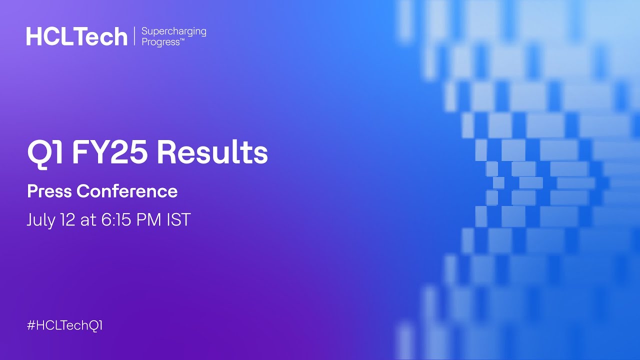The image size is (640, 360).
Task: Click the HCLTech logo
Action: tap(77, 36)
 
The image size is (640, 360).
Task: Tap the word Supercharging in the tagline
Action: tap(173, 32)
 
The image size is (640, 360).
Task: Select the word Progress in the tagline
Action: tap(160, 42)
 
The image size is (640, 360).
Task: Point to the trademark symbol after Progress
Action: tap(182, 40)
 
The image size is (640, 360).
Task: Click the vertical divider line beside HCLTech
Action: tap(134, 36)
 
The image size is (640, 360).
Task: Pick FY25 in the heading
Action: tap(110, 152)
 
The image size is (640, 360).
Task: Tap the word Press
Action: tap(49, 191)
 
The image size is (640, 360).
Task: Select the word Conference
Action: tap(127, 191)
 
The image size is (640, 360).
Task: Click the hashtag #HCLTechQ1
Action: tap(65, 325)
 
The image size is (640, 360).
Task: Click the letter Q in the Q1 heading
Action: tap(39, 153)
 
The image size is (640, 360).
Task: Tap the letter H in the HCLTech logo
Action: tap(33, 36)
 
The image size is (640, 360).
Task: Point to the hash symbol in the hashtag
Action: tap(31, 325)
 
